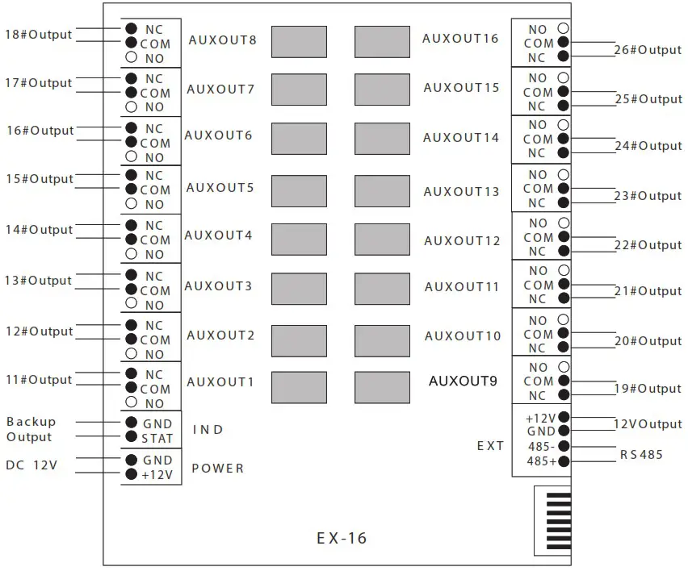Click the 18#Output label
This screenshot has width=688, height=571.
[x=39, y=35]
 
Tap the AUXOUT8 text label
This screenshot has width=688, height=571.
[x=222, y=40]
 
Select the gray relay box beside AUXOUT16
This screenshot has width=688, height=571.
[x=382, y=42]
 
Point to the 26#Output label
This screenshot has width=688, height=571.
[x=648, y=50]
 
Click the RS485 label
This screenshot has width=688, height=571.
[x=641, y=455]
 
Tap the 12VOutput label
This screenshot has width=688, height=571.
[x=648, y=424]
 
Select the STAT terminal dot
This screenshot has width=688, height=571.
[x=131, y=438]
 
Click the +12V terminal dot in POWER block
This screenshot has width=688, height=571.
[x=131, y=475]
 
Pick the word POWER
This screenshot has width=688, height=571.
[x=217, y=469]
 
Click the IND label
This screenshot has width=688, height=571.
[x=208, y=430]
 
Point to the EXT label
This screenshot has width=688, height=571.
[x=490, y=446]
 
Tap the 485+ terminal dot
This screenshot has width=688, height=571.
[x=563, y=461]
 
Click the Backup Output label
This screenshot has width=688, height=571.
[x=31, y=429]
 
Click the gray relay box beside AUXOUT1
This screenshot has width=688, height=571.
[x=299, y=387]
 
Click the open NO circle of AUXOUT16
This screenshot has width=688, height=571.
[x=563, y=29]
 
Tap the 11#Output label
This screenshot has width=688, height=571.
[x=39, y=380]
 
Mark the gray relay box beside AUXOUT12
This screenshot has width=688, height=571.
[x=382, y=240]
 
